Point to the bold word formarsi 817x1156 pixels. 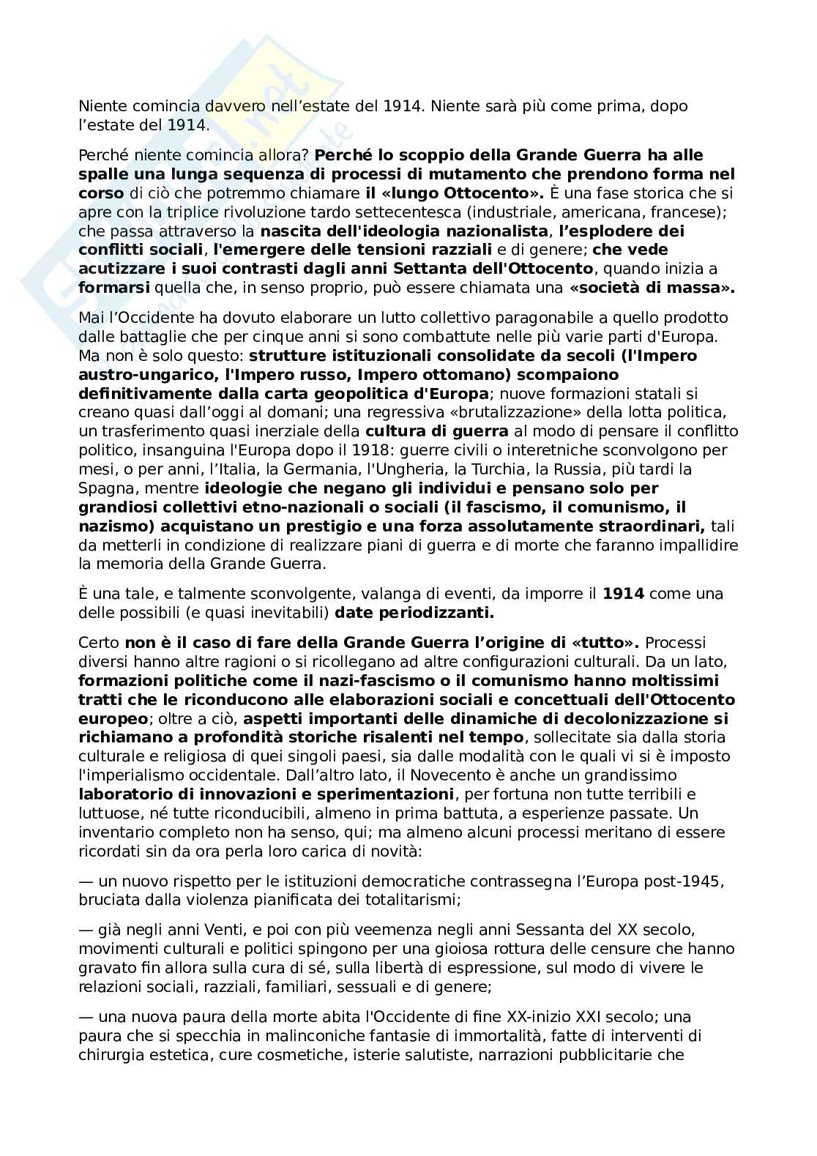coord(113,288)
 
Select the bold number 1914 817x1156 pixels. coord(623,594)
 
